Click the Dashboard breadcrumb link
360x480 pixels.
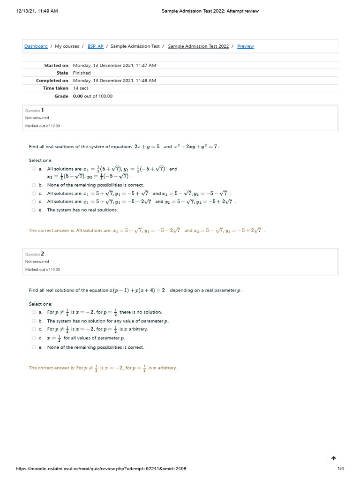pyautogui.click(x=36, y=46)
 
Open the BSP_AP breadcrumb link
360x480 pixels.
pyautogui.click(x=95, y=46)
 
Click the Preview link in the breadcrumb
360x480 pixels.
pyautogui.click(x=245, y=46)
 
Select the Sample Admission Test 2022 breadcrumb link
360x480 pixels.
pyautogui.click(x=198, y=46)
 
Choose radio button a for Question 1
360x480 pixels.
pyautogui.click(x=34, y=169)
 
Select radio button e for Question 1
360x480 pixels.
pyautogui.click(x=34, y=210)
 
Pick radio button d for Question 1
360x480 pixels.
pyautogui.click(x=34, y=202)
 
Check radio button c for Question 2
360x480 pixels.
pyautogui.click(x=34, y=329)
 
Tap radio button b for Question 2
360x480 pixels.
pyautogui.click(x=34, y=321)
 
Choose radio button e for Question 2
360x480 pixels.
pyautogui.click(x=34, y=347)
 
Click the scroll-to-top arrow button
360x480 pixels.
pyautogui.click(x=333, y=458)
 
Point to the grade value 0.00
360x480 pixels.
pyautogui.click(x=78, y=96)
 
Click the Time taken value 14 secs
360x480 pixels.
pyautogui.click(x=81, y=88)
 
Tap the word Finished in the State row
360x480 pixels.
pyautogui.click(x=82, y=73)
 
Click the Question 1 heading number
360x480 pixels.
pyautogui.click(x=43, y=110)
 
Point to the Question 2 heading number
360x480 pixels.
pyautogui.click(x=43, y=254)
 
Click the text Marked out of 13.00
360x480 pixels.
pyautogui.click(x=43, y=270)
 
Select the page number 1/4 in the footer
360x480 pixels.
pyautogui.click(x=340, y=469)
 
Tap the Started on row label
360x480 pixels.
pyautogui.click(x=56, y=66)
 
